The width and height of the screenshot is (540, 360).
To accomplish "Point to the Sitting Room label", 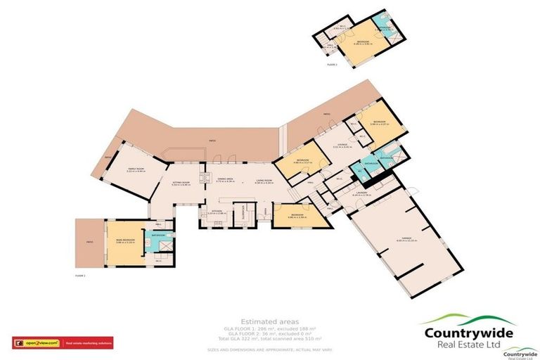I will click(x=181, y=184).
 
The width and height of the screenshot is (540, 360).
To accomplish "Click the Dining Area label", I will click(x=225, y=179).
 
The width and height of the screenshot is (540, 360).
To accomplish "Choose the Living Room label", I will click(x=264, y=181).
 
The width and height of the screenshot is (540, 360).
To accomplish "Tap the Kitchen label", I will click(x=217, y=211).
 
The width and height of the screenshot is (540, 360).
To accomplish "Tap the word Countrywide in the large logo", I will click(x=467, y=333).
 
